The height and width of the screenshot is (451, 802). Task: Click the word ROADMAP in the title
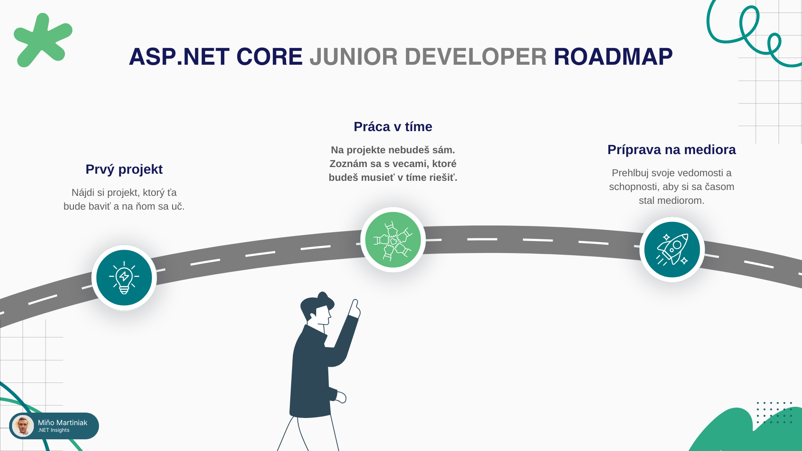click(x=613, y=57)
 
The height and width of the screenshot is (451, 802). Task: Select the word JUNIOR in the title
click(x=353, y=57)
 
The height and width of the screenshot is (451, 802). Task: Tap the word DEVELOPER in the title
click(x=475, y=57)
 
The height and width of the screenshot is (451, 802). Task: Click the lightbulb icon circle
click(x=124, y=278)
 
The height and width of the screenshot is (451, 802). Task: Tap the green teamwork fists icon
click(x=393, y=240)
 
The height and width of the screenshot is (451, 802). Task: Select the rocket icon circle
click(x=672, y=250)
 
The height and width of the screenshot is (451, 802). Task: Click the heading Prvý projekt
click(x=124, y=170)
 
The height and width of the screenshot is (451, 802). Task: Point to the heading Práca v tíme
click(x=393, y=127)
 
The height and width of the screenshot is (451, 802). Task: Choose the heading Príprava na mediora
click(x=672, y=149)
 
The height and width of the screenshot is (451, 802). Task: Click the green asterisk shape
click(x=43, y=40)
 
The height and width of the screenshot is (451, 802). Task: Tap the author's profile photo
click(x=23, y=426)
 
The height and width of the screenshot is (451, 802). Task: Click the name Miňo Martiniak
click(x=63, y=423)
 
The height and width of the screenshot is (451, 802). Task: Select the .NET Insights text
click(x=53, y=430)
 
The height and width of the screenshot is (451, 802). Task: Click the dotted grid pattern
click(x=774, y=413)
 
